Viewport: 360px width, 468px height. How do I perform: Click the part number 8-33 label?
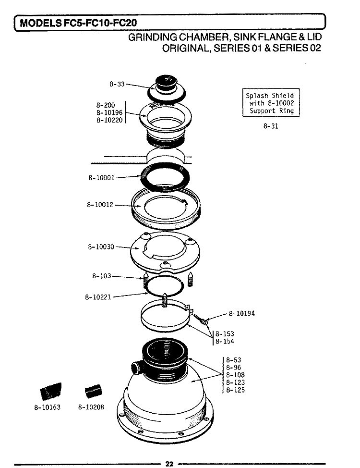coord(117,84)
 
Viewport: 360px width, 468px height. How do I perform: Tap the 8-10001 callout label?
coord(101,177)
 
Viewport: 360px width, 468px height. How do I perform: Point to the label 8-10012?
coord(100,205)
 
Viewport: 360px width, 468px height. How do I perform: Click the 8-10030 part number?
coord(101,247)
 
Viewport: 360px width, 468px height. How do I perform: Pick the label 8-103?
coord(101,276)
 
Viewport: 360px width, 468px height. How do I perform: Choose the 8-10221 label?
coord(98,297)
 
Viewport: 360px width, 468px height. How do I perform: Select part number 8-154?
coord(225,342)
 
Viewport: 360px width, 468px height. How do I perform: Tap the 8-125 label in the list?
coord(235,390)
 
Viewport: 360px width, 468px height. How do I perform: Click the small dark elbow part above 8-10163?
coord(51,390)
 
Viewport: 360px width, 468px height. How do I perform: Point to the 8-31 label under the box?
coord(271,126)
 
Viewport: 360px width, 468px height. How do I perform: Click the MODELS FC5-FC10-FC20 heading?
coord(79,22)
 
